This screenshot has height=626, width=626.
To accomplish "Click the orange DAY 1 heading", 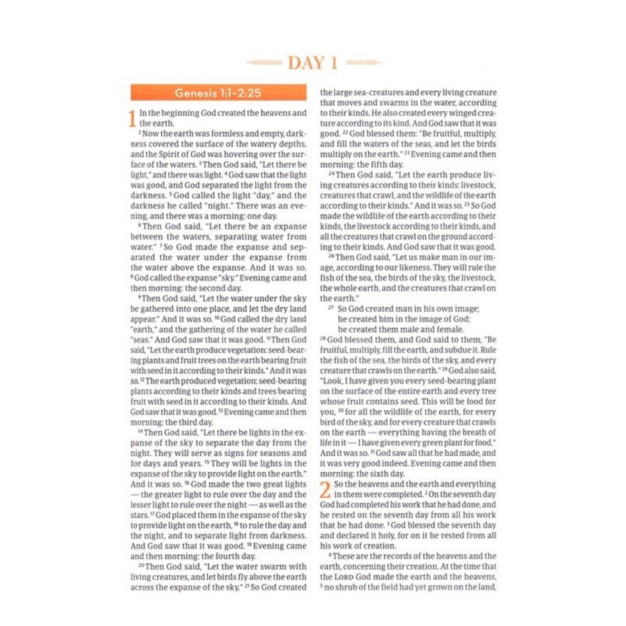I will (312, 63).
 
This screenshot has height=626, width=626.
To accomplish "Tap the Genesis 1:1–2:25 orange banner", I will (218, 93).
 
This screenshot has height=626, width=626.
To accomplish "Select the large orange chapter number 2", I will (325, 490).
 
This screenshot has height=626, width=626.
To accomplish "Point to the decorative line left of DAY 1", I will (264, 63).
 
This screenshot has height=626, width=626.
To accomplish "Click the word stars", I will (139, 516).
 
